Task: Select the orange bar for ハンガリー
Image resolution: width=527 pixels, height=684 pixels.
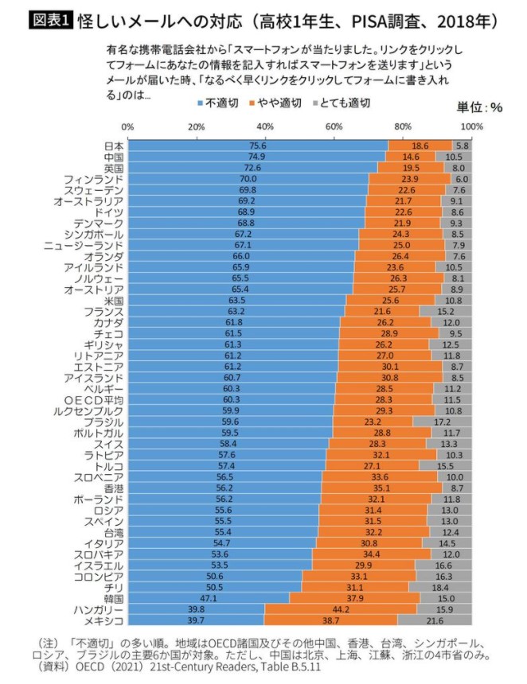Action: point(340,609)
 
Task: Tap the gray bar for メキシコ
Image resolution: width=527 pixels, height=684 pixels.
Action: point(435,621)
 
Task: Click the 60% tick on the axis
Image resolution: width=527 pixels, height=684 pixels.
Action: point(334,126)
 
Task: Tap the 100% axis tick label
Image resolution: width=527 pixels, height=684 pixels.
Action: point(471,126)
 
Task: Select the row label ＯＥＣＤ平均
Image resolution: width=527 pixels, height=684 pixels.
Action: point(94,399)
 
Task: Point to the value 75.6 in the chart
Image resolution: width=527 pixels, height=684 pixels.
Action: point(257,146)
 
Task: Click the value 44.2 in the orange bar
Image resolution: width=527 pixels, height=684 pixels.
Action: point(341,609)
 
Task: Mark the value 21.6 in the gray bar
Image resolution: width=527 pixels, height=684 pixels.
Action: point(435,621)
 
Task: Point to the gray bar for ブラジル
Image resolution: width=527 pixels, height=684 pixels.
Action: point(443,422)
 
